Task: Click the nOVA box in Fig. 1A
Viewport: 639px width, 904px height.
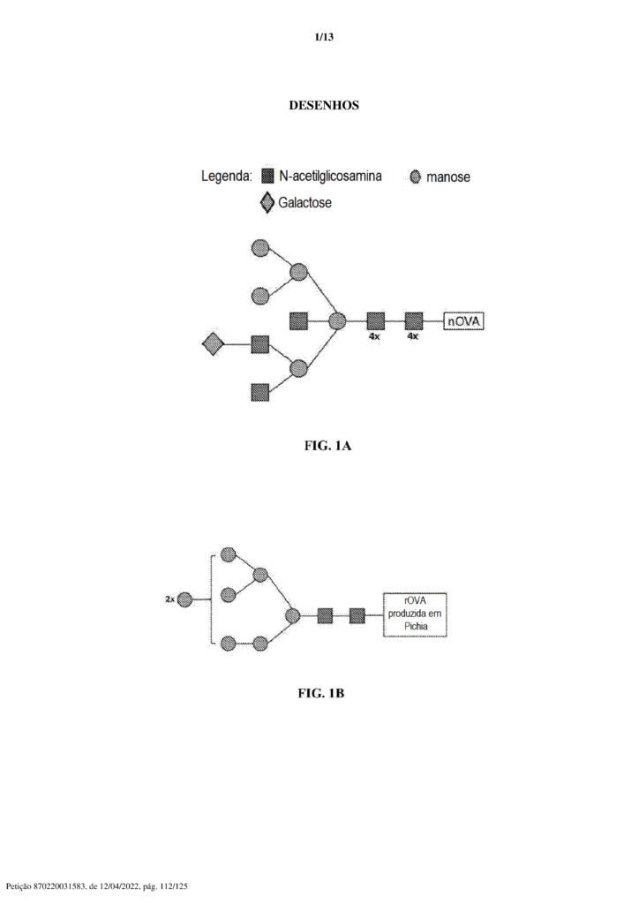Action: click(463, 321)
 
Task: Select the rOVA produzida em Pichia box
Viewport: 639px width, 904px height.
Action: click(415, 614)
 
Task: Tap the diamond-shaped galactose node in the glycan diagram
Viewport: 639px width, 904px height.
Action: click(213, 344)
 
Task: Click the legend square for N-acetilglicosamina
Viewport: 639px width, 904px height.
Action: click(267, 176)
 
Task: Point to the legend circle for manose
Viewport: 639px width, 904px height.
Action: click(416, 177)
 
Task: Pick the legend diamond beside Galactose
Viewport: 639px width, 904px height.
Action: click(267, 203)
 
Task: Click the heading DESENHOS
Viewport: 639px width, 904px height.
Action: click(324, 106)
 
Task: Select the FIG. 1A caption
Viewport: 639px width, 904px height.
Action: click(327, 446)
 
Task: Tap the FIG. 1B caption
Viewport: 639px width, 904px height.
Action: click(321, 693)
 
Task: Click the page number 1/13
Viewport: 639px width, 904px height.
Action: click(325, 37)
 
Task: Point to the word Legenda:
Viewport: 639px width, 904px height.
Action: click(227, 177)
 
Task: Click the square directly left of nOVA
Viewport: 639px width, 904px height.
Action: click(414, 321)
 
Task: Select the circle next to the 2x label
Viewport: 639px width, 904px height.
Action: click(184, 599)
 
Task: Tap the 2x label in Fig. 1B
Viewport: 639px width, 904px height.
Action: click(169, 599)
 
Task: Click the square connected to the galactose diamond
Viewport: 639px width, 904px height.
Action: click(260, 344)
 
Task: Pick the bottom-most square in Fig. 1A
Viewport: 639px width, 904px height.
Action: click(260, 392)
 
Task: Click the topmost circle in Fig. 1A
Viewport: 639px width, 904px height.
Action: click(260, 248)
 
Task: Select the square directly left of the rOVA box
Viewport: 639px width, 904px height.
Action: click(357, 615)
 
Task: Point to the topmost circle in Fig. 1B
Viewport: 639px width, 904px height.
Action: click(229, 554)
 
